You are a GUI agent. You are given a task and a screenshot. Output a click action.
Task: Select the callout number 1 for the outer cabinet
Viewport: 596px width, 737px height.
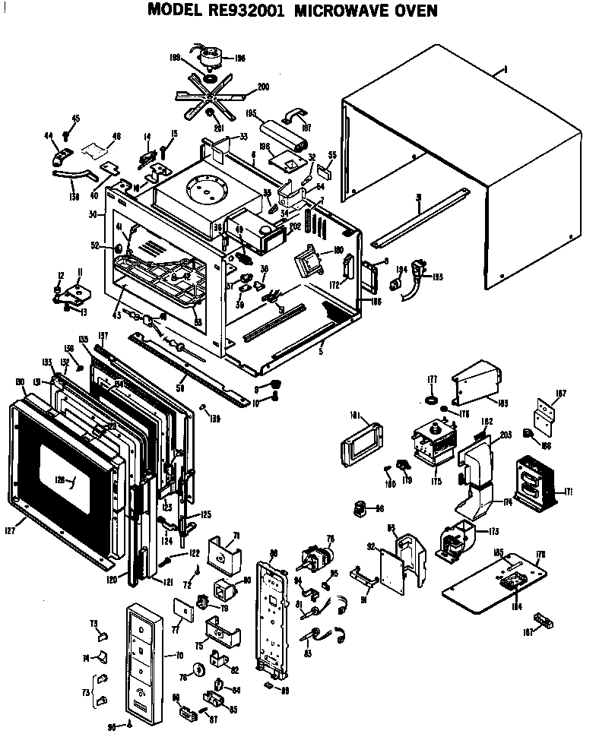tap(505, 70)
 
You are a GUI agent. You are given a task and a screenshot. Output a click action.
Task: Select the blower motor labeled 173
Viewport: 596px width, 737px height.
tap(455, 543)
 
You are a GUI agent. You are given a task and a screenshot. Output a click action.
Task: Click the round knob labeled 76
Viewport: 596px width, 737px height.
tap(200, 669)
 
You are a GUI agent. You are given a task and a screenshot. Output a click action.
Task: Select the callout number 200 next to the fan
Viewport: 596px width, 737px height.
tap(263, 87)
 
